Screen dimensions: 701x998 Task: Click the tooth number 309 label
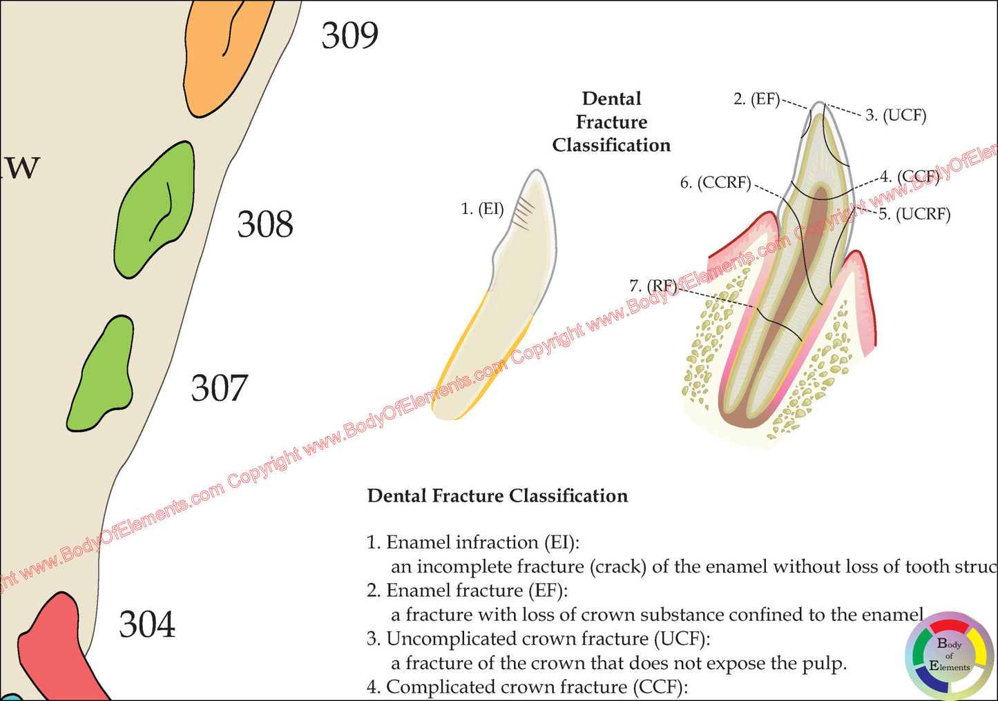349,35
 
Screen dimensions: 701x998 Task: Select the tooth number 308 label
265,225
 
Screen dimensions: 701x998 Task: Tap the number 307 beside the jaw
219,388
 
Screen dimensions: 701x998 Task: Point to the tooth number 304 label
147,625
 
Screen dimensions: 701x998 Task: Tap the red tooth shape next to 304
55,649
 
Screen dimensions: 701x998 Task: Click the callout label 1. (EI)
482,208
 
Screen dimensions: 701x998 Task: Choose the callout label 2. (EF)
756,99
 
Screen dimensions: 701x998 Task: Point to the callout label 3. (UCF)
896,115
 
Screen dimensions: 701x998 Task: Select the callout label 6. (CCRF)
716,183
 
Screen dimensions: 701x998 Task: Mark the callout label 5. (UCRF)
914,215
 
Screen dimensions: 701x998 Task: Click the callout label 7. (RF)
653,286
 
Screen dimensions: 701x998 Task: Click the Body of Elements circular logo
950,655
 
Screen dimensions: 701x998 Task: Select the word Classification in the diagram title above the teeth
611,146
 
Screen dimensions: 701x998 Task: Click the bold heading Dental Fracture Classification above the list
497,496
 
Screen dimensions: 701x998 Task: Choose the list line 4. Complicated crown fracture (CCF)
527,687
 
